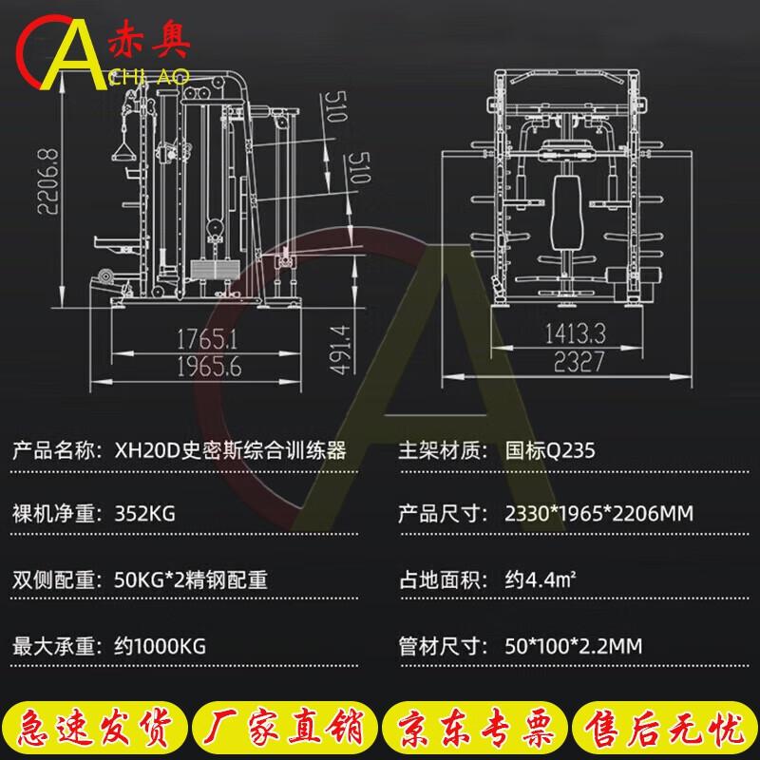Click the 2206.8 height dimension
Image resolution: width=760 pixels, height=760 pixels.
pos(48,181)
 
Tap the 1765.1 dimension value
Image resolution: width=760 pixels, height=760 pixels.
pos(207,339)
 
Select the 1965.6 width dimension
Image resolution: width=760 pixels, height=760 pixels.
pos(209,367)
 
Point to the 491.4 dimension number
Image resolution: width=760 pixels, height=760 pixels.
pos(340,350)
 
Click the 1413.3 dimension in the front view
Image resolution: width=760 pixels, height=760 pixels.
pos(576,333)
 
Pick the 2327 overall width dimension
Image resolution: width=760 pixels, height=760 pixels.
pos(579,362)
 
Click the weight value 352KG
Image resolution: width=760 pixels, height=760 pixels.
pos(144,513)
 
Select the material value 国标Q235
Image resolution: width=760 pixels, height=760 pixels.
pos(550,450)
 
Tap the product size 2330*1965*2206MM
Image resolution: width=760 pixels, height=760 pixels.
pos(598,513)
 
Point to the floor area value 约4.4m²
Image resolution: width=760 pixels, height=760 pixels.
pos(540,579)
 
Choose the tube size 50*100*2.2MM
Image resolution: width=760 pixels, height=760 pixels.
pos(574,646)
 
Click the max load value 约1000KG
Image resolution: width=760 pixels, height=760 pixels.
pos(160,646)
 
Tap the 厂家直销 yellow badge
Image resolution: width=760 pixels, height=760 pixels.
pos(284,727)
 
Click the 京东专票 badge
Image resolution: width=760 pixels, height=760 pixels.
pos(474,727)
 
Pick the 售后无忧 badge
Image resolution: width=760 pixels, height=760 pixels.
pos(664,727)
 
